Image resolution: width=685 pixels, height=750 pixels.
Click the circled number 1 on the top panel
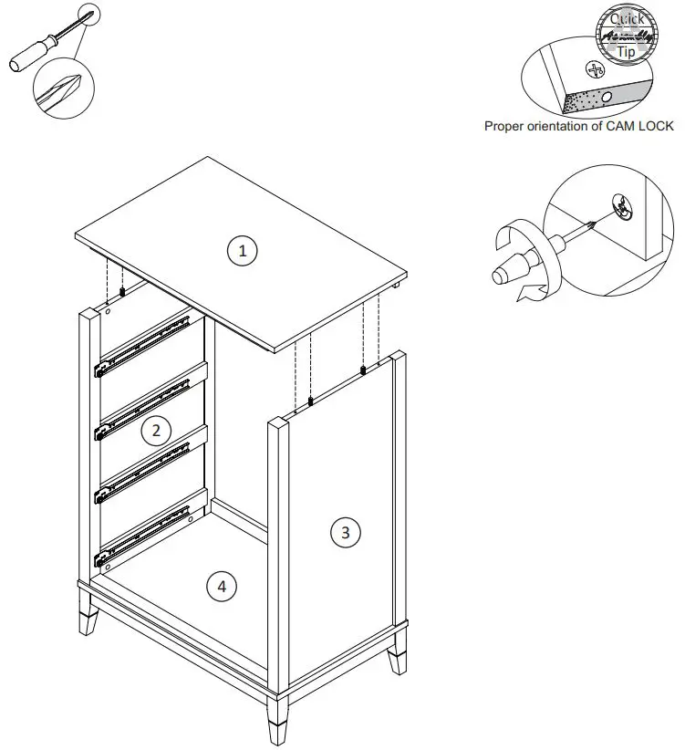[242, 250]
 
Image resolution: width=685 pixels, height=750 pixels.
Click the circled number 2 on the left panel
[156, 430]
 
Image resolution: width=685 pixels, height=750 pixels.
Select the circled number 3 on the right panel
[344, 532]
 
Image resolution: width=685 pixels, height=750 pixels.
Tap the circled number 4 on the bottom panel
[221, 586]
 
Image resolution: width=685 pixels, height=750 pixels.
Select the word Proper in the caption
[503, 127]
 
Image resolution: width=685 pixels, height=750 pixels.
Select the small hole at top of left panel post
[108, 311]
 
